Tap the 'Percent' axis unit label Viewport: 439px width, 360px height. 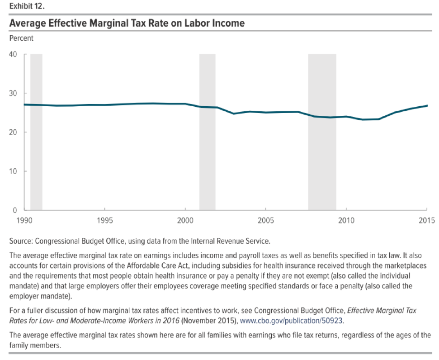point(21,38)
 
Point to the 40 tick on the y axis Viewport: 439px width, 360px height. point(13,54)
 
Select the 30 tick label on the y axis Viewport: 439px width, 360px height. point(13,93)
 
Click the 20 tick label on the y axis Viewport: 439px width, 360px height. point(13,132)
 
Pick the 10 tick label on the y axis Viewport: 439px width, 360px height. point(13,171)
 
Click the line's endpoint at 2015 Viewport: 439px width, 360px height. point(427,106)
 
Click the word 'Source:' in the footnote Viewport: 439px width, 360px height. point(21,241)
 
